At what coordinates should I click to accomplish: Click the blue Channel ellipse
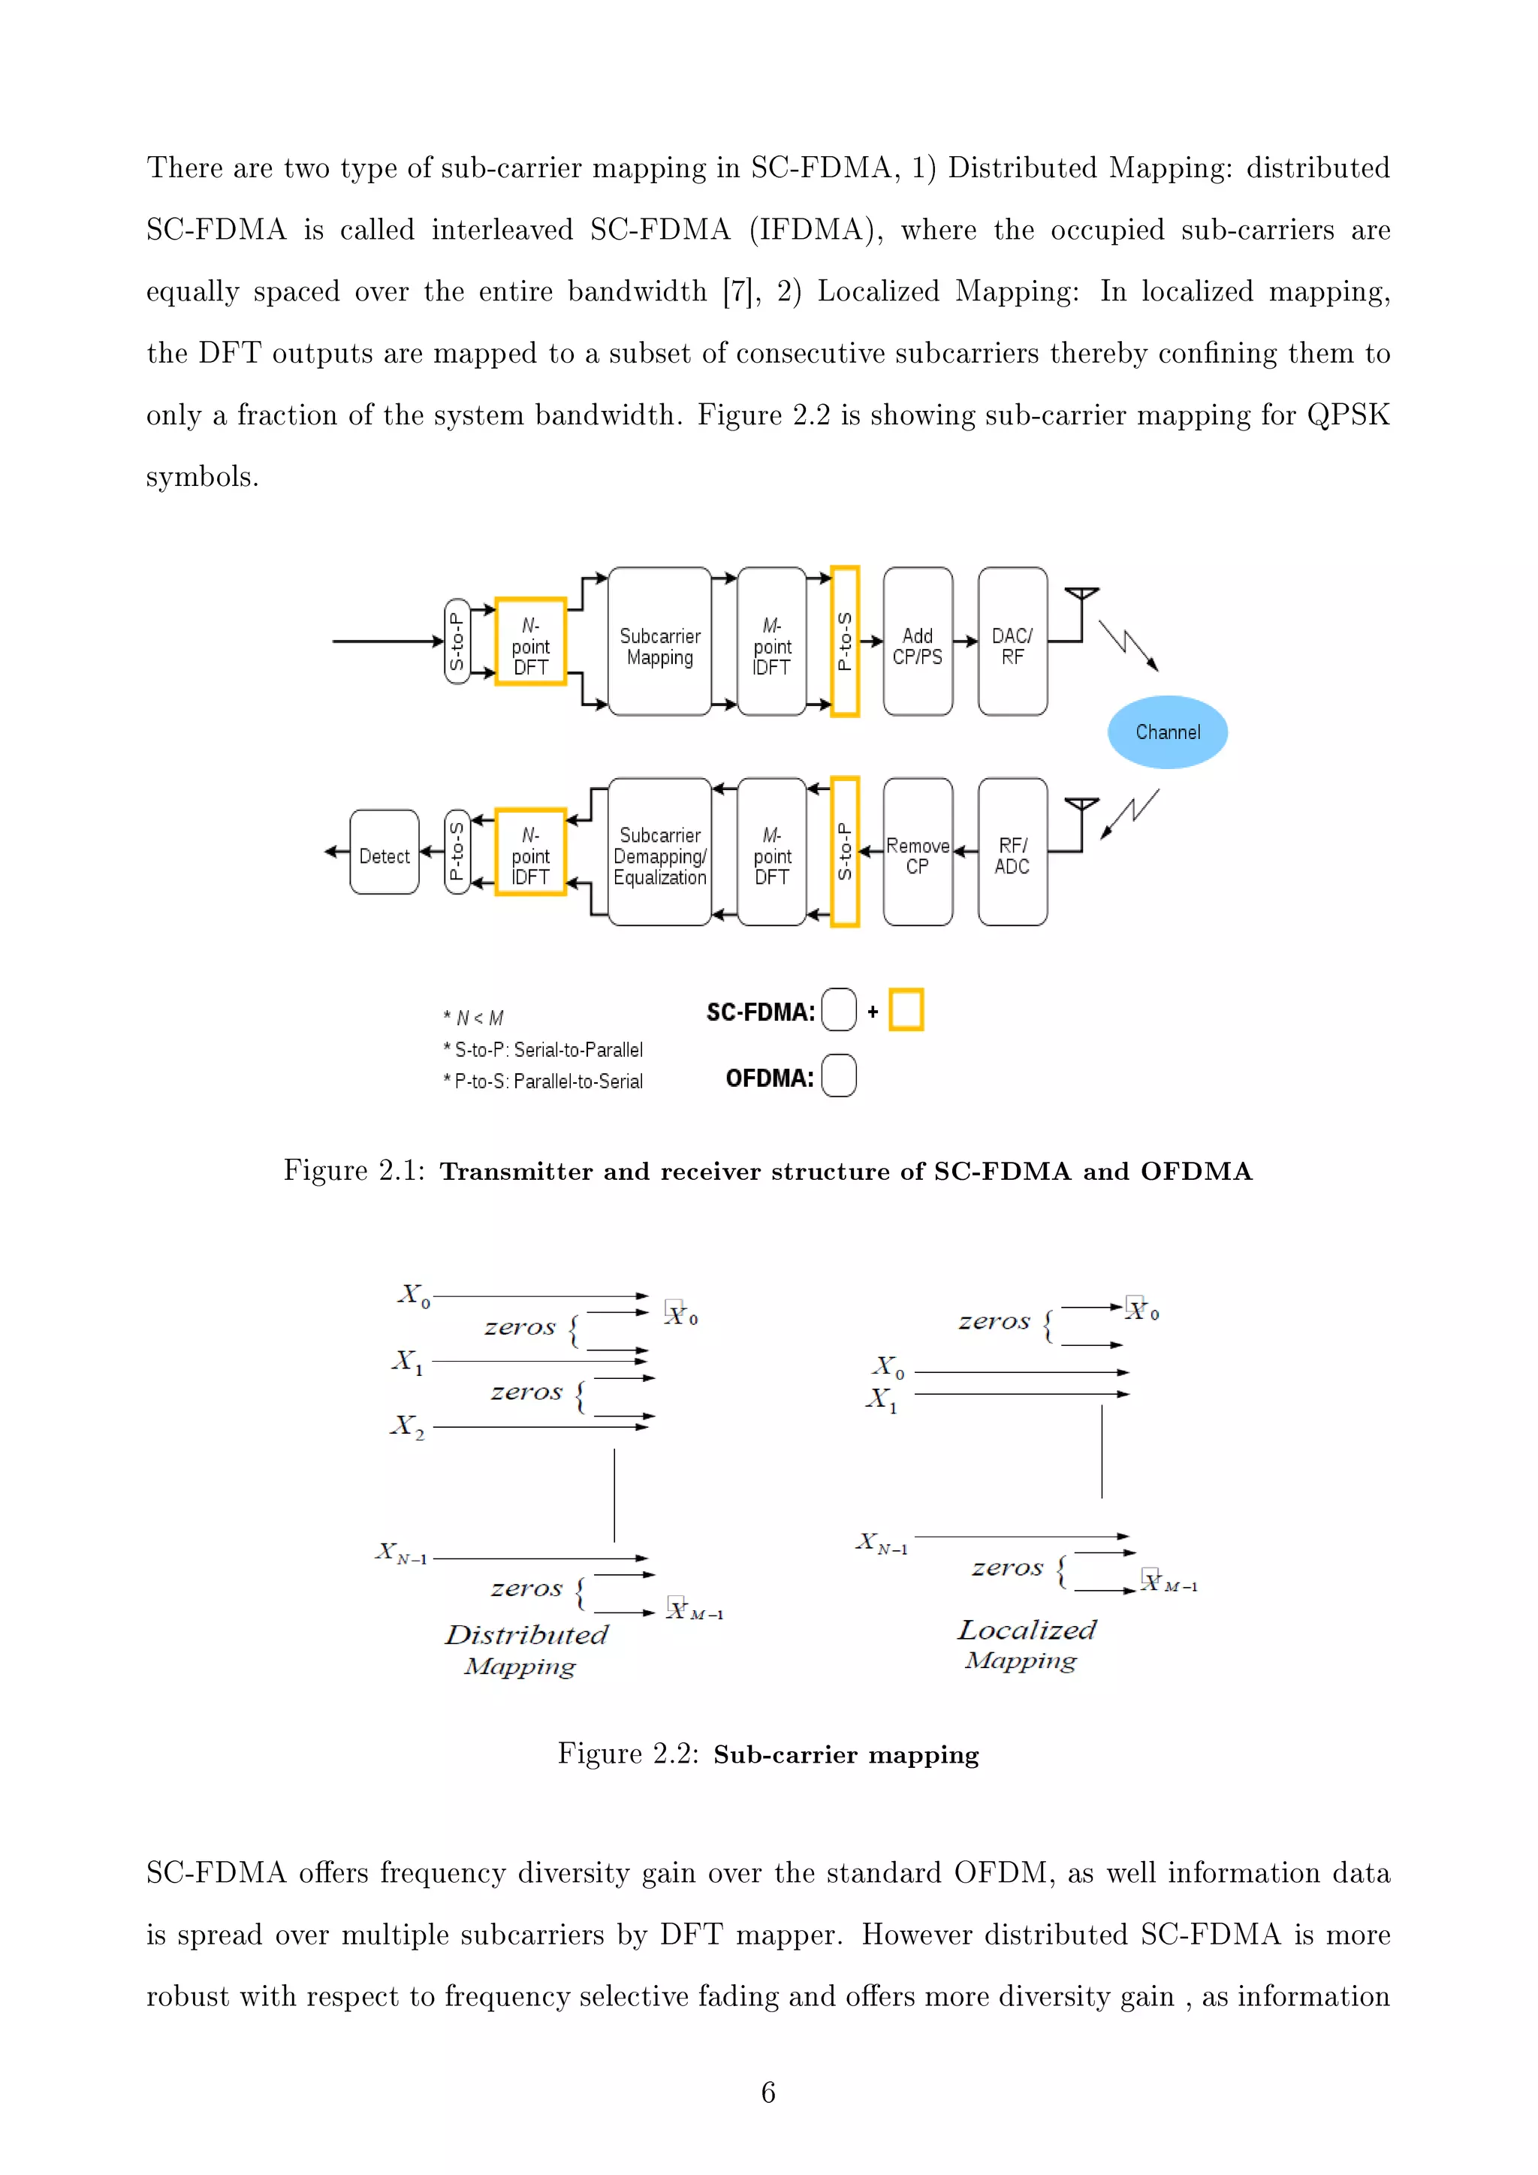(1167, 732)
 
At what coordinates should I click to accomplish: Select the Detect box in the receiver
(384, 852)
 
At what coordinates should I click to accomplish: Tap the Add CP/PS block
(918, 641)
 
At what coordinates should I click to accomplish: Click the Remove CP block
(918, 852)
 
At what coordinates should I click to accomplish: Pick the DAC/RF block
(1012, 641)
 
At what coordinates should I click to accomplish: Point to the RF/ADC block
(1012, 852)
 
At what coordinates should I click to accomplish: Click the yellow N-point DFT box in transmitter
(530, 641)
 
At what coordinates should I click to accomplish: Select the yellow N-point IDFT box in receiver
(530, 852)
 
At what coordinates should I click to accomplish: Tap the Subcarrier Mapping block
(660, 641)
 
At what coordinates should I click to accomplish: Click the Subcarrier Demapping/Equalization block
(660, 852)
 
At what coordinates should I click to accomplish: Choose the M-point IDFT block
(772, 641)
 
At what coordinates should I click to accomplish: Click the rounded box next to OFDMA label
(839, 1076)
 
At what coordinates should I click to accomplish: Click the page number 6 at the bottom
(768, 2092)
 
